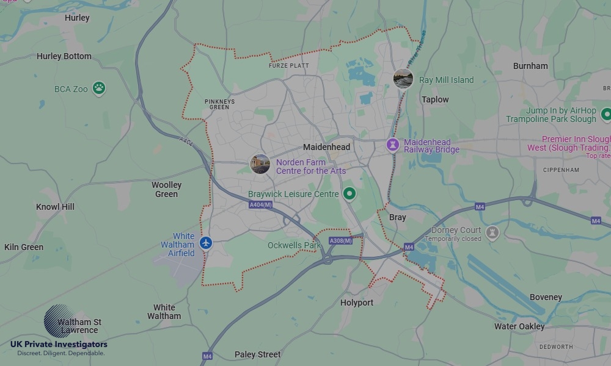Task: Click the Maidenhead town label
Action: (327, 147)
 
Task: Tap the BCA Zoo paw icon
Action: (100, 88)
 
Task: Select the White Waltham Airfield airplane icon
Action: (206, 243)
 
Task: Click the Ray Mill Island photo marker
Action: (403, 79)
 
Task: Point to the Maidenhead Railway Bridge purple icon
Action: (392, 145)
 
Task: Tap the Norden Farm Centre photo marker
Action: (260, 164)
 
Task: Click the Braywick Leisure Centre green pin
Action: (349, 194)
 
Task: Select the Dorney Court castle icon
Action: (492, 233)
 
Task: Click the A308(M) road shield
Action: (340, 241)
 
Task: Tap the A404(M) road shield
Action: (260, 206)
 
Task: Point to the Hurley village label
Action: (77, 18)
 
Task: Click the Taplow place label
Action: (435, 99)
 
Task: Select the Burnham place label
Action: (530, 66)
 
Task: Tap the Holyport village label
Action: (357, 303)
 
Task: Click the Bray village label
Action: (397, 217)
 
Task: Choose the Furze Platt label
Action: (289, 65)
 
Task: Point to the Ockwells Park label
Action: (294, 245)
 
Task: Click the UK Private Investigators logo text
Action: (59, 345)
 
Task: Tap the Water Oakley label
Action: (519, 326)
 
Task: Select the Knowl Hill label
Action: (55, 207)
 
